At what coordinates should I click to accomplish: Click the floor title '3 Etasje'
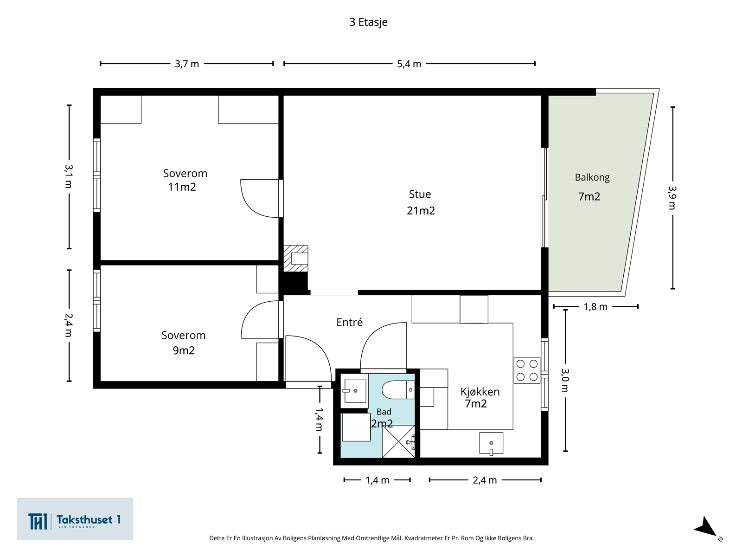[368, 22]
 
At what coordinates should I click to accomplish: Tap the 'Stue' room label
[420, 194]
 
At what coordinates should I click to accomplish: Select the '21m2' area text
[421, 211]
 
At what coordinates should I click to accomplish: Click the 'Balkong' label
[592, 178]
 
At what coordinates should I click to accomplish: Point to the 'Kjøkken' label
[480, 392]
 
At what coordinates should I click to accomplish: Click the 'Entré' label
[349, 322]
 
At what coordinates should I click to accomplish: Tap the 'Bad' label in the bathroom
[384, 412]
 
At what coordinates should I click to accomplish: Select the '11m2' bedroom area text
[182, 187]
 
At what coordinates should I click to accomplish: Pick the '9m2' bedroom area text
[184, 350]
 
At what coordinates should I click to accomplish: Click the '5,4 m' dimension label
[409, 64]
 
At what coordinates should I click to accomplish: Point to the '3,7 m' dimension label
[186, 64]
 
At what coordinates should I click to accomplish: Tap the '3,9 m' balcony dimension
[672, 198]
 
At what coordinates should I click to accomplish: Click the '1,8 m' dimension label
[595, 307]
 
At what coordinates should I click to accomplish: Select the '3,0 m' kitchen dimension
[565, 381]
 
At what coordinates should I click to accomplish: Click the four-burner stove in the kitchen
[527, 370]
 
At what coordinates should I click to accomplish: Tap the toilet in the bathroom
[398, 389]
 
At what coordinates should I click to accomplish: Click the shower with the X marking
[398, 441]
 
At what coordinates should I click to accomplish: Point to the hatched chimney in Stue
[295, 259]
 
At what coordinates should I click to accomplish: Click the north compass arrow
[706, 527]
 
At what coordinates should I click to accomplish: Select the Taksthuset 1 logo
[75, 519]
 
